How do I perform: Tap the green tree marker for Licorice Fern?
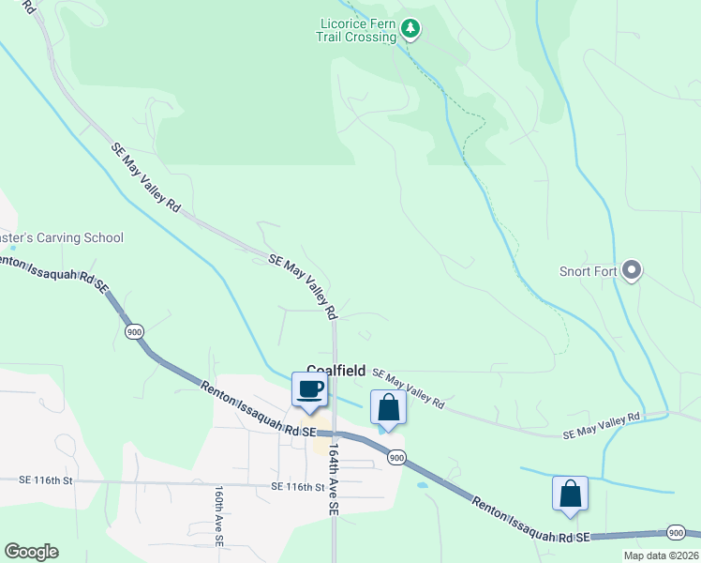pos(410,29)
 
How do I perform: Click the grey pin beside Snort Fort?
pos(632,271)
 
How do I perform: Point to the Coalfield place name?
pos(336,371)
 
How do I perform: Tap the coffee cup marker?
pos(310,389)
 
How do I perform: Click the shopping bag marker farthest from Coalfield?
pos(570,495)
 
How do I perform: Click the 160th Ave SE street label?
pos(217,515)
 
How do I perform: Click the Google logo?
pos(31,552)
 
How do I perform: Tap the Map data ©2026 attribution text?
pos(660,555)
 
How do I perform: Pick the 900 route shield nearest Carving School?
pos(135,331)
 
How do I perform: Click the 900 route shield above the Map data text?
pos(675,533)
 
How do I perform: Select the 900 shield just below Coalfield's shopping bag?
pos(396,458)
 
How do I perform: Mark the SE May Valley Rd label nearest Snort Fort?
pos(601,426)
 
